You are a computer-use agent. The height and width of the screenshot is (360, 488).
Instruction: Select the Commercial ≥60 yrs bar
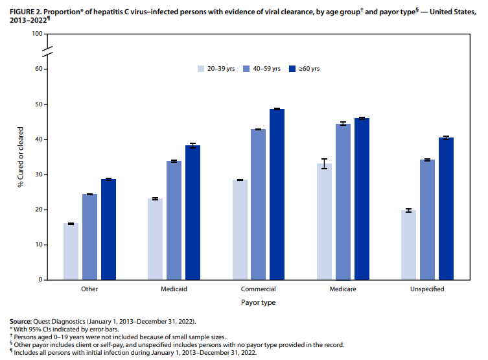(277, 195)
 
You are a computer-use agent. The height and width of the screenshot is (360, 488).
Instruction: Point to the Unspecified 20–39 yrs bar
(408, 245)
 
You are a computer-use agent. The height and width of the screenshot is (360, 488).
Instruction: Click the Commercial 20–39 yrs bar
(240, 230)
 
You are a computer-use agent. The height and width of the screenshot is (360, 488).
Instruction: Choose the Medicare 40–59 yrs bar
(343, 202)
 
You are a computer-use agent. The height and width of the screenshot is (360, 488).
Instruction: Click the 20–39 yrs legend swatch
(202, 69)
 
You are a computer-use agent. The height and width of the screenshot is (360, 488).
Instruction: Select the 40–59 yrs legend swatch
(247, 69)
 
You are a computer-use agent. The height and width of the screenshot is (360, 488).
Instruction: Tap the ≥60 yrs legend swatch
(292, 69)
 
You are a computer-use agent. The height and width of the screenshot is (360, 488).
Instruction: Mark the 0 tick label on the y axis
(41, 280)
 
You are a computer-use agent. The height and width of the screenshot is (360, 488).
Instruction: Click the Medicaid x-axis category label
(174, 289)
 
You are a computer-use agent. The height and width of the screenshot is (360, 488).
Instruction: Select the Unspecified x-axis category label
(427, 289)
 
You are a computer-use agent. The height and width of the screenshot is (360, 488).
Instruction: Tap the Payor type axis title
(258, 303)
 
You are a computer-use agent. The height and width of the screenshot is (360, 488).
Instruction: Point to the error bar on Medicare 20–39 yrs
(324, 163)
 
